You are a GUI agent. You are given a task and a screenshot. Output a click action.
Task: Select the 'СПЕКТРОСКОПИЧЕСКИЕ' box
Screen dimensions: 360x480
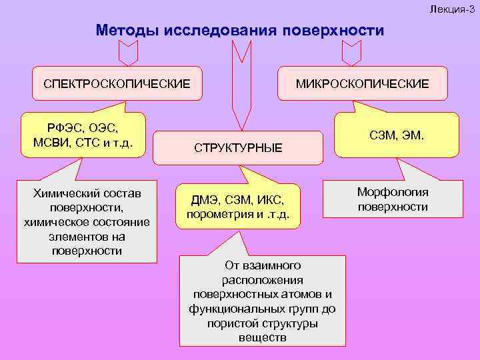(117, 83)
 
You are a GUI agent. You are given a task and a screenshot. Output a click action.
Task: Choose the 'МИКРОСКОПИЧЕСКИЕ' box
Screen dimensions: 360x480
(363, 83)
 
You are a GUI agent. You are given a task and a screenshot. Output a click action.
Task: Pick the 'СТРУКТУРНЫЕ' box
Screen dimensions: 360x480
(238, 147)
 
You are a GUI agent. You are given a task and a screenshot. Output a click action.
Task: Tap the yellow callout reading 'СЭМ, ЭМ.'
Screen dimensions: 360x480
(396, 136)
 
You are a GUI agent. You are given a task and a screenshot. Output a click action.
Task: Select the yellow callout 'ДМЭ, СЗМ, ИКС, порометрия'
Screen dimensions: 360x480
(238, 207)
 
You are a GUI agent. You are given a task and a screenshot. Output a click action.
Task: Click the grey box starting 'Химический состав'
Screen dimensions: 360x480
(87, 221)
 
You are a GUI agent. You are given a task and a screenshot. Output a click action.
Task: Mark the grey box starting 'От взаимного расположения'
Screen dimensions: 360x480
(263, 301)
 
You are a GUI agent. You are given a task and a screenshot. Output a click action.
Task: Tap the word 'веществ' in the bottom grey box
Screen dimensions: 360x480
(262, 337)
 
